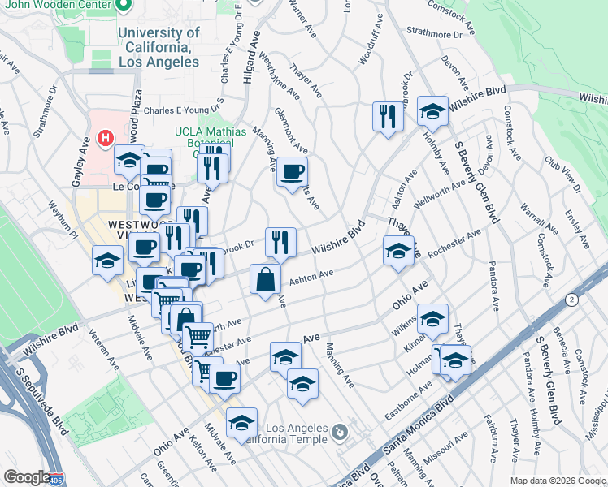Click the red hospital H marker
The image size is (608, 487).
(x=104, y=139)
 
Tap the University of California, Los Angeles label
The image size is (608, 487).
(x=159, y=47)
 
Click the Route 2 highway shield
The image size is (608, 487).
(x=572, y=300)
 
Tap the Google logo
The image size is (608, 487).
(x=26, y=477)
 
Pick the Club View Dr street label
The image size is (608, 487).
(x=563, y=175)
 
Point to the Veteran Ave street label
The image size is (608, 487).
(x=103, y=347)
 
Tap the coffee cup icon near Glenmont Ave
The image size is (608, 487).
(x=292, y=172)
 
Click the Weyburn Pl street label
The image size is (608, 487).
(x=62, y=219)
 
